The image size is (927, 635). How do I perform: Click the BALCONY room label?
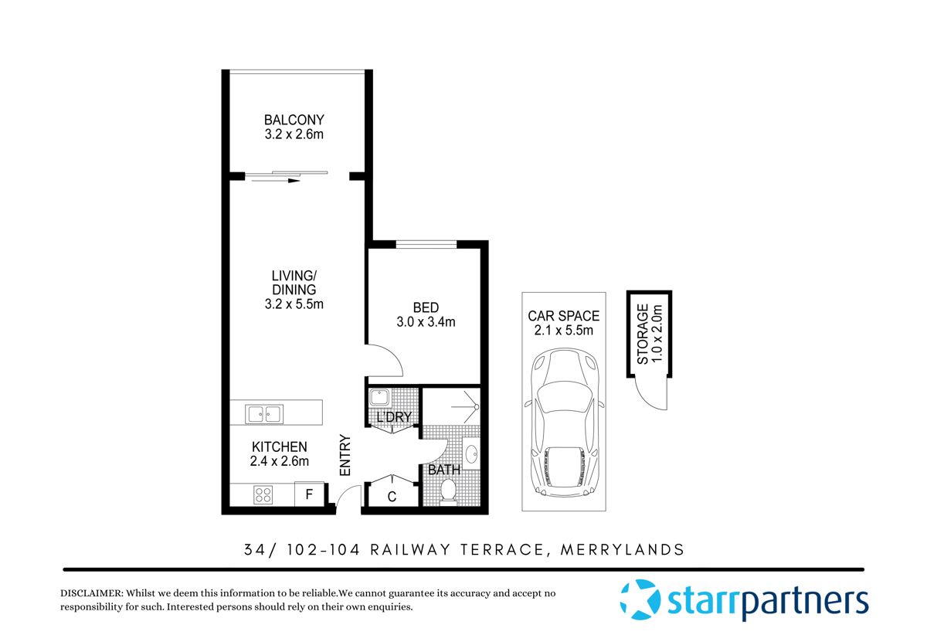click(x=294, y=121)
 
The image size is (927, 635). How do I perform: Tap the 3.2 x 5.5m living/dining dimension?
click(x=294, y=304)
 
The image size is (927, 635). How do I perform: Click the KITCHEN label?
click(x=279, y=447)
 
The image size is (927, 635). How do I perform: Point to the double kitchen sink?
click(x=264, y=414)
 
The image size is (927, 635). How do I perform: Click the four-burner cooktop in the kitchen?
click(x=263, y=494)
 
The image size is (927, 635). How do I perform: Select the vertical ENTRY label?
click(x=345, y=456)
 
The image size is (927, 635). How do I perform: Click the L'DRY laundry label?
click(x=393, y=418)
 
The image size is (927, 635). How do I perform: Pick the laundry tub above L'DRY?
click(x=379, y=398)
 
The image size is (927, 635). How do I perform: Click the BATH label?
click(x=443, y=470)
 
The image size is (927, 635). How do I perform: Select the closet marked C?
click(x=392, y=497)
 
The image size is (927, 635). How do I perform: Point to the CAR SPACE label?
click(x=563, y=316)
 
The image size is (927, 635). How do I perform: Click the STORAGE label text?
click(x=642, y=334)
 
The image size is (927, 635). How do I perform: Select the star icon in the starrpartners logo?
click(x=640, y=599)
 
